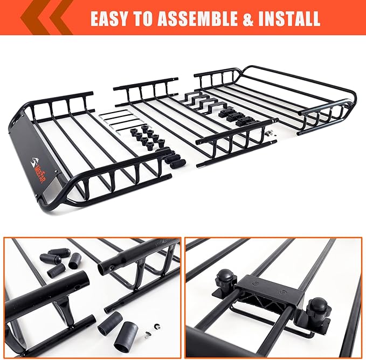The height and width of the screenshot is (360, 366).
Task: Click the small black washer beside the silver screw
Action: coord(157,326)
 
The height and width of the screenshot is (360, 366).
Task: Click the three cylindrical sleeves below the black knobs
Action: coord(171,157)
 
